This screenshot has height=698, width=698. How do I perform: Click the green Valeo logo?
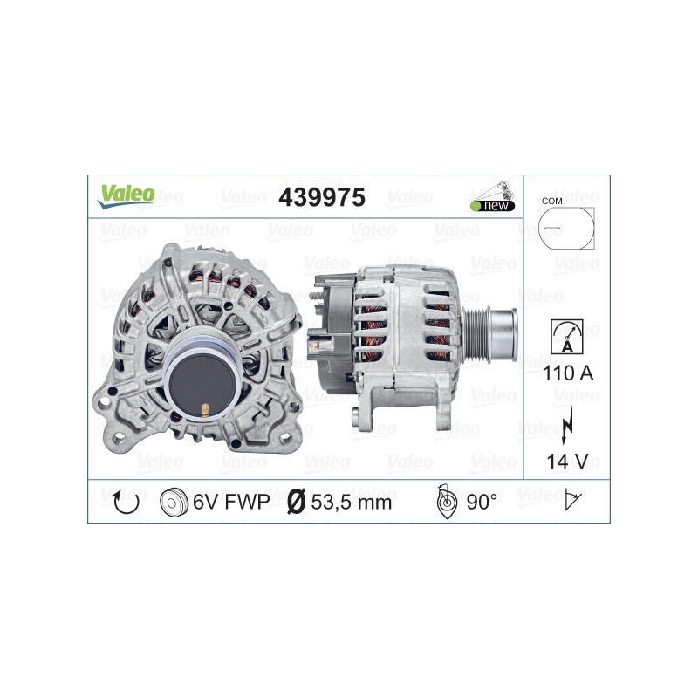[x=127, y=195]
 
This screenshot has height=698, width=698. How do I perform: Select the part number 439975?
[x=320, y=197]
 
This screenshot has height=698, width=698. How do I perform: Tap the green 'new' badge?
[x=493, y=206]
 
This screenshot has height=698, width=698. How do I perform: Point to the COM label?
[x=551, y=200]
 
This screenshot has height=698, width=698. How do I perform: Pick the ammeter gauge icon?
[x=565, y=337]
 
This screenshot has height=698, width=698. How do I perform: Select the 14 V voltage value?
[x=565, y=460]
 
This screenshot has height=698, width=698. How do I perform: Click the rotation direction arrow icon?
[x=127, y=502]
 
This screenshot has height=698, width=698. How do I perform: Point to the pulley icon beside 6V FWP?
[x=174, y=503]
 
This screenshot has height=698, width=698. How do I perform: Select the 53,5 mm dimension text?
[x=352, y=503]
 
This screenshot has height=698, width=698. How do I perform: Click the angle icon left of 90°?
[x=445, y=503]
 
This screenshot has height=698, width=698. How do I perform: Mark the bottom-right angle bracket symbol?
[x=573, y=501]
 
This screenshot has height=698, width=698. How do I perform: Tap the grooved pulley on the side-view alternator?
[x=498, y=324]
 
